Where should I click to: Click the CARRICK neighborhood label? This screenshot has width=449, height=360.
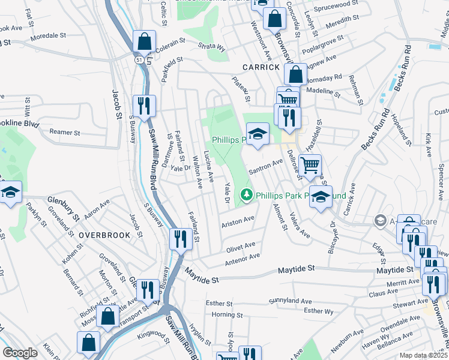[x=261, y=67]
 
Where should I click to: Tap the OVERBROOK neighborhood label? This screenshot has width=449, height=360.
[x=104, y=235]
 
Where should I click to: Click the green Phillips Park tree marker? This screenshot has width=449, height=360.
[x=246, y=195]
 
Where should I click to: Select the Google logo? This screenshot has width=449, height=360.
[x=20, y=353]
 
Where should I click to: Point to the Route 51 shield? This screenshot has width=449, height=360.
[x=139, y=61]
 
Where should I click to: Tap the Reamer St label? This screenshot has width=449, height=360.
[x=65, y=132]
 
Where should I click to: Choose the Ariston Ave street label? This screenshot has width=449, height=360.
[x=238, y=221]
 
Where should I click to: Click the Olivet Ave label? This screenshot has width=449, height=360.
[x=241, y=246]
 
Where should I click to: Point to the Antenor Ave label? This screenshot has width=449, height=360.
[x=242, y=258]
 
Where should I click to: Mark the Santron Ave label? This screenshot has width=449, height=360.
[x=265, y=166]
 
